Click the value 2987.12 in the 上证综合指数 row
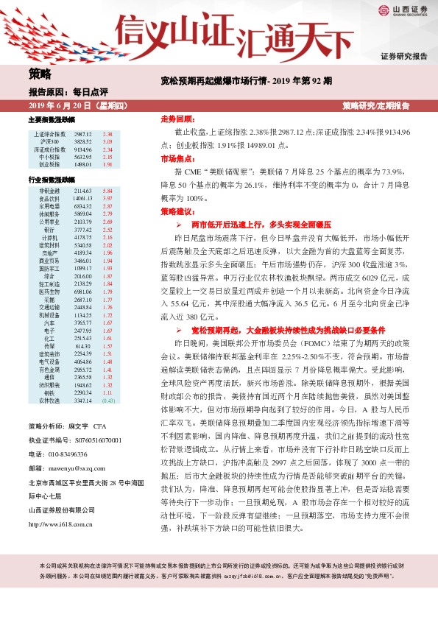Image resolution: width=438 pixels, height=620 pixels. click(83, 133)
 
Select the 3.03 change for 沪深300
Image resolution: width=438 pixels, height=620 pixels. click(108, 141)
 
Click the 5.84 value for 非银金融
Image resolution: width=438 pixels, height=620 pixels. click(108, 191)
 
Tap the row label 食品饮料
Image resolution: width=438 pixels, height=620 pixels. click(49, 199)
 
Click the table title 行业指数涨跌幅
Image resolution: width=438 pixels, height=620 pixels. click(51, 180)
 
